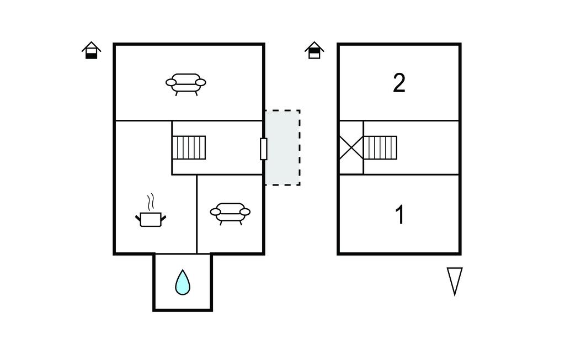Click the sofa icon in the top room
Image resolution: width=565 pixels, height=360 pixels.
(186, 83)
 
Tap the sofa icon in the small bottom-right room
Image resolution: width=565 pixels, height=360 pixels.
(230, 213)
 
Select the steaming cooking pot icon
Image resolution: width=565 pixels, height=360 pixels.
(151, 218)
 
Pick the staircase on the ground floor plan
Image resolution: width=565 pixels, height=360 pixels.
(189, 147)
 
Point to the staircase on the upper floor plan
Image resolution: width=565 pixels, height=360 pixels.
(380, 147)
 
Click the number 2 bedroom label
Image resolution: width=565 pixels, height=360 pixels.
(399, 83)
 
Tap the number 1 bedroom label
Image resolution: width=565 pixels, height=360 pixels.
(400, 215)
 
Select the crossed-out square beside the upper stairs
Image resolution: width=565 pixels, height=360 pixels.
(351, 147)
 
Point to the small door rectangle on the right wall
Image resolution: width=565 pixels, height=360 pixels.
(264, 149)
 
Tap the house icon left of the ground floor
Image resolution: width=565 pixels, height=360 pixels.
(92, 50)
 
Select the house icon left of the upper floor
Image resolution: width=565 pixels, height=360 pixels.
(315, 50)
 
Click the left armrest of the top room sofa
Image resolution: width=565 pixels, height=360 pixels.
(172, 83)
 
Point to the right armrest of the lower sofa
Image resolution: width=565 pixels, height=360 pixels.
(245, 212)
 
